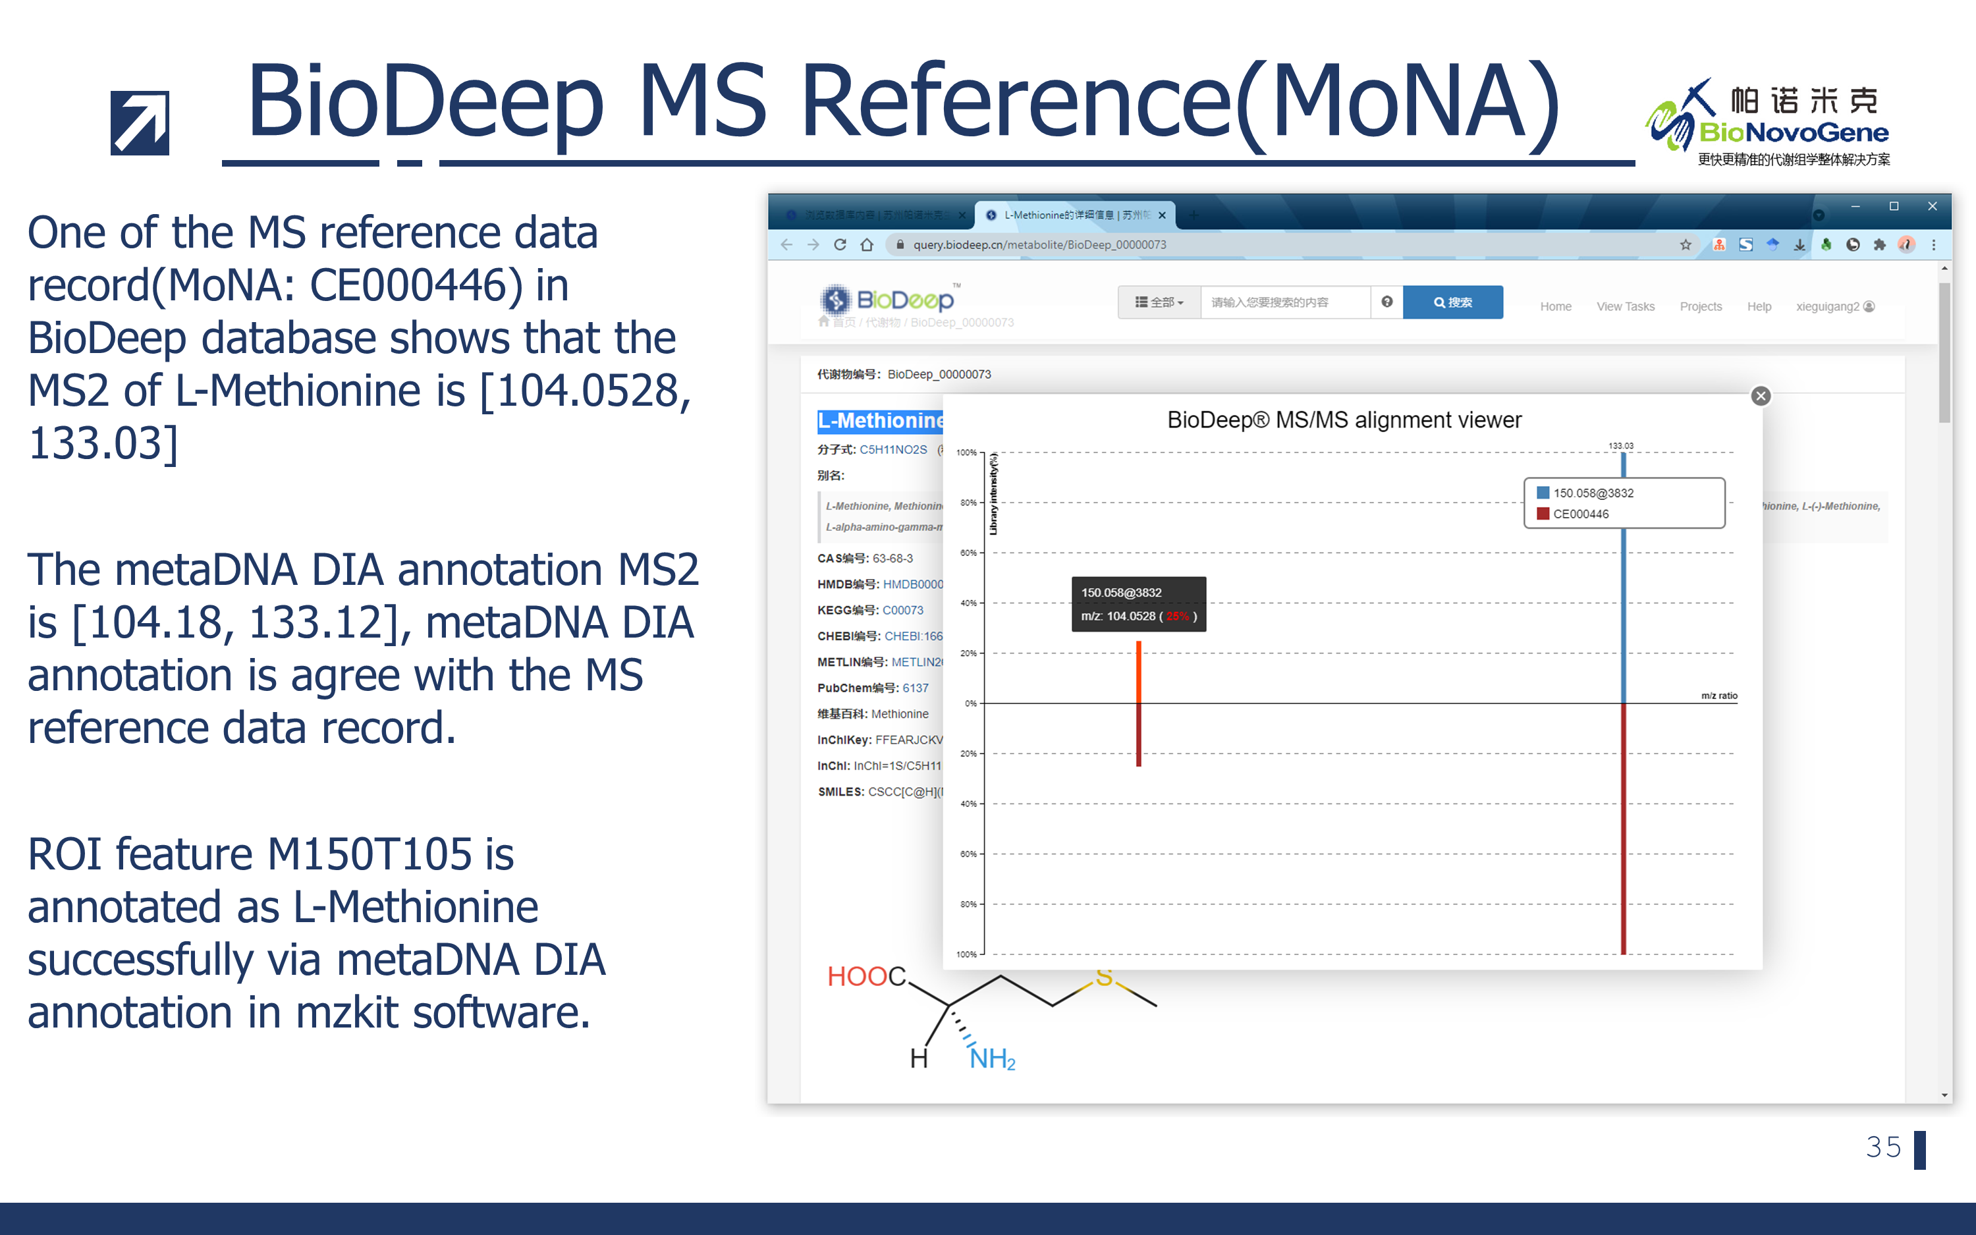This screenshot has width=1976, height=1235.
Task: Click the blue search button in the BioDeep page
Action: [x=1452, y=302]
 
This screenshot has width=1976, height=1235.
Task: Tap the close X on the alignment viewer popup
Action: [x=1761, y=396]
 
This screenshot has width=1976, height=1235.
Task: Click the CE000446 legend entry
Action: [x=1580, y=514]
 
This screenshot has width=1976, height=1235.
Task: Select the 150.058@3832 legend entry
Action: [x=1592, y=493]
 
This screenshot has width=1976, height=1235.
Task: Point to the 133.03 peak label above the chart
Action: [x=1620, y=446]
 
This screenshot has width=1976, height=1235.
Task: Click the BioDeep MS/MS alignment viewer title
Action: [x=1344, y=420]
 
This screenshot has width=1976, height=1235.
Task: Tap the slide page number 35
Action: [x=1883, y=1147]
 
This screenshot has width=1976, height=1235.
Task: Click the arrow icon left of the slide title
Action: [x=140, y=123]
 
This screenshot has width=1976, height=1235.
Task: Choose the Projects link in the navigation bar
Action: [x=1700, y=306]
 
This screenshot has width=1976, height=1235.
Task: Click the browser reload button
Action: [x=839, y=244]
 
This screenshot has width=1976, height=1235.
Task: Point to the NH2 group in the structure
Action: [x=991, y=1058]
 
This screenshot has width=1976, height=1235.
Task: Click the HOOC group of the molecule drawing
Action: [x=865, y=976]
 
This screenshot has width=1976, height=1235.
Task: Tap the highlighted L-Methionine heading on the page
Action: [x=880, y=421]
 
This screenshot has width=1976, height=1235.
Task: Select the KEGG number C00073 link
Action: [x=902, y=610]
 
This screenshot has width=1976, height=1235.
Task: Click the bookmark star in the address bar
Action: [x=1686, y=244]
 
